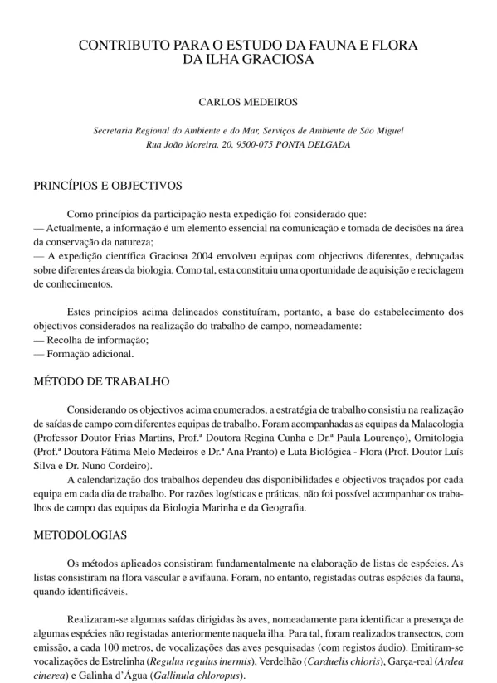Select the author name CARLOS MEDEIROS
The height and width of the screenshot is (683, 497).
tap(248, 104)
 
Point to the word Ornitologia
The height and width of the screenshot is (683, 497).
tap(436, 434)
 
